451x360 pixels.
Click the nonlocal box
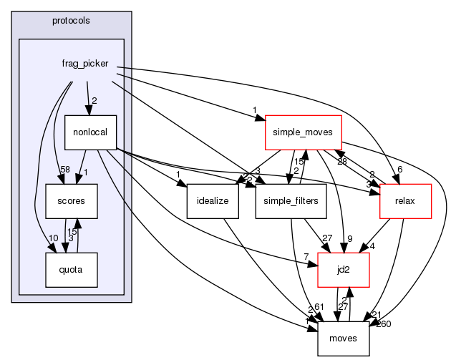(x=86, y=132)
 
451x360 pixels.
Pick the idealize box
(x=207, y=201)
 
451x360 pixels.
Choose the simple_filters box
(x=291, y=201)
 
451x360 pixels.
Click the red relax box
(x=406, y=201)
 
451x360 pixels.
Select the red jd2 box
(x=344, y=271)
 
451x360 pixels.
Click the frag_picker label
(x=85, y=64)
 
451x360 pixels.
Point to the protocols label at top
(x=72, y=20)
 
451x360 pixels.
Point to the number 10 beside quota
(x=32, y=238)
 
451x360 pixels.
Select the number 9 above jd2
(x=351, y=238)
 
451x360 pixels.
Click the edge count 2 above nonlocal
(x=94, y=100)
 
